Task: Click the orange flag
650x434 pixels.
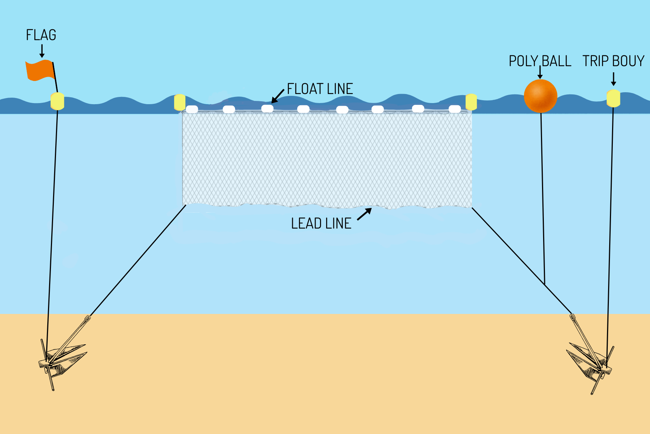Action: pos(39,70)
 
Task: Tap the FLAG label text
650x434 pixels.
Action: pos(41,35)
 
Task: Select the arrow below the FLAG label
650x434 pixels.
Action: pos(42,51)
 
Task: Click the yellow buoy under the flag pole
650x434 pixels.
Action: pos(57,101)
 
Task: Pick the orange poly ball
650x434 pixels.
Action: pos(540,96)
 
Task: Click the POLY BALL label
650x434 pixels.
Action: pos(540,61)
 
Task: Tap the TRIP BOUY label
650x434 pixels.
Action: pos(613,61)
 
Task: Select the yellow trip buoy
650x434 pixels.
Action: pos(613,98)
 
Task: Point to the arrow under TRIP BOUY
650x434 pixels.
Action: pos(613,79)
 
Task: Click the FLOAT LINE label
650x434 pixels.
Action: pos(320,89)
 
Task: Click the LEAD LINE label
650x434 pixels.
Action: pos(321,224)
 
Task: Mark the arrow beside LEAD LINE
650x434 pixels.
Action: pos(364,214)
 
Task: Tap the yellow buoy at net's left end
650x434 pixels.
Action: pos(179,102)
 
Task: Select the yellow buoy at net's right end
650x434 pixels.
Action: pos(471,102)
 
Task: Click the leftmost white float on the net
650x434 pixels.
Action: pos(192,109)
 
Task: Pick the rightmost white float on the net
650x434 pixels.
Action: pos(455,109)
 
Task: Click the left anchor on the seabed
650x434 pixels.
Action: pos(61,356)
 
